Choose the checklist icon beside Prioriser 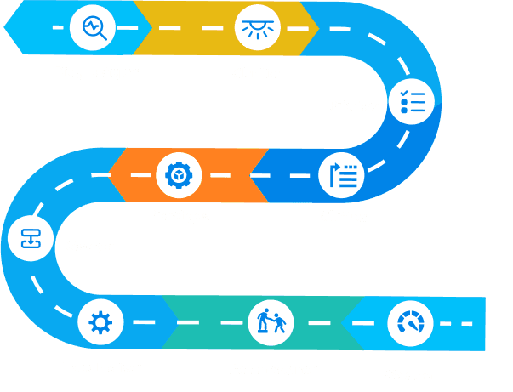[412, 103]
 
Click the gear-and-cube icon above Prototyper [180, 175]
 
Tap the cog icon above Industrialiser [100, 323]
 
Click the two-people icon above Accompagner [270, 323]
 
